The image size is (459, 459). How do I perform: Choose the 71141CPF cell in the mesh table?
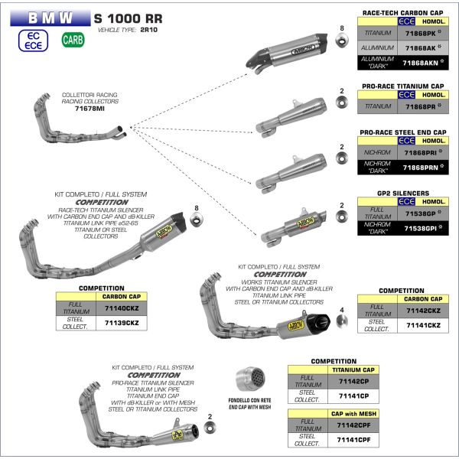tap(353, 441)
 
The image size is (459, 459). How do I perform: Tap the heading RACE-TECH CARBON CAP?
tap(402, 14)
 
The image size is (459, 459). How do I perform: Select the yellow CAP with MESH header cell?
tap(353, 413)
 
